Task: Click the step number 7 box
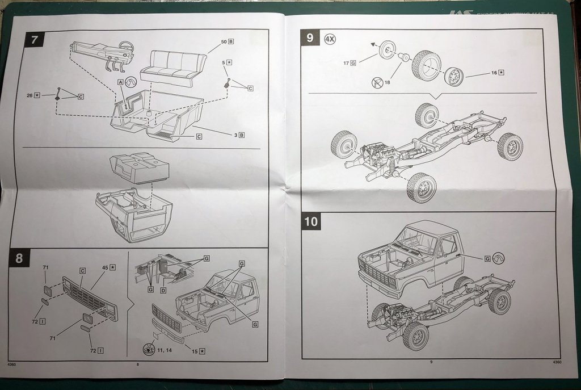click(35, 40)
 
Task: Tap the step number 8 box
click(19, 258)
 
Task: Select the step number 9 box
click(310, 38)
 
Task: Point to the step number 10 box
click(311, 221)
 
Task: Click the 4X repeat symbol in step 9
click(330, 39)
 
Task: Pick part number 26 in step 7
click(30, 95)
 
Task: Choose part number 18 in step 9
click(388, 82)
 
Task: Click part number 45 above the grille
click(105, 267)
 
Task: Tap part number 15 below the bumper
click(195, 351)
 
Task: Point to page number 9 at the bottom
click(431, 362)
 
